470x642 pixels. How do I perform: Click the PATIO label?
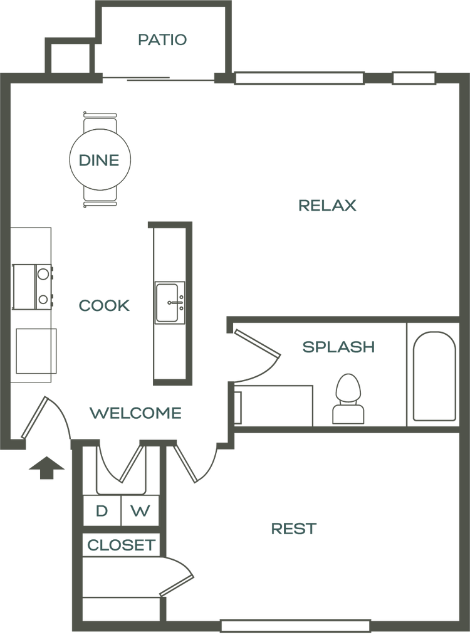pyautogui.click(x=162, y=39)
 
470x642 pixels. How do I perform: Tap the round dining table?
pyautogui.click(x=100, y=160)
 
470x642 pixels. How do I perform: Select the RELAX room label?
pyautogui.click(x=328, y=205)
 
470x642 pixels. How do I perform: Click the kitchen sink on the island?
pyautogui.click(x=169, y=303)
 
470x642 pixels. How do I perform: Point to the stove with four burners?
pyautogui.click(x=33, y=287)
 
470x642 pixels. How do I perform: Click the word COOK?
pyautogui.click(x=105, y=305)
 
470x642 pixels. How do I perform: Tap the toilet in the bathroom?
pyautogui.click(x=348, y=399)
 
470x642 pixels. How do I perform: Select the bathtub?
pyautogui.click(x=434, y=376)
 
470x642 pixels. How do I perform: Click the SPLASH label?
pyautogui.click(x=338, y=347)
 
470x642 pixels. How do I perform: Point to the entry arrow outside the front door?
pyautogui.click(x=46, y=467)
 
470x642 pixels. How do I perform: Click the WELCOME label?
pyautogui.click(x=135, y=413)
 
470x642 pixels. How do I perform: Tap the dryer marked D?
pyautogui.click(x=102, y=510)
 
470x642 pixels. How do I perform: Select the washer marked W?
pyautogui.click(x=140, y=510)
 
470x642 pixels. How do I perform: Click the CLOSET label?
pyautogui.click(x=121, y=545)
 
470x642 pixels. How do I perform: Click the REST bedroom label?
pyautogui.click(x=294, y=529)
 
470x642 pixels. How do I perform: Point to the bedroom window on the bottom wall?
pyautogui.click(x=296, y=626)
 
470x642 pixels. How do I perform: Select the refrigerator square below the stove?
pyautogui.click(x=36, y=351)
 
